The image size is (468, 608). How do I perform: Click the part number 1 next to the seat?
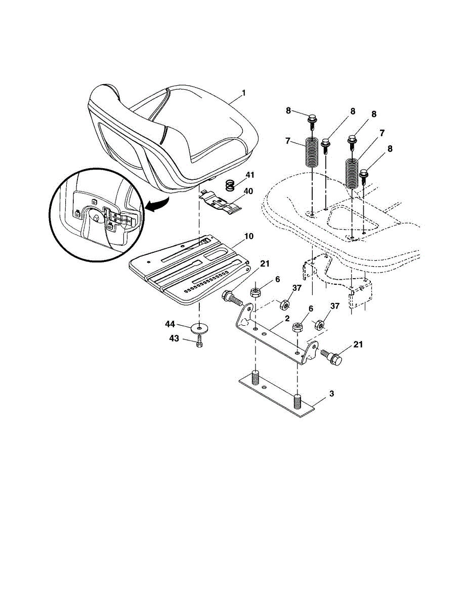tap(244, 93)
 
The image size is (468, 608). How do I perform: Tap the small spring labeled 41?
tap(229, 185)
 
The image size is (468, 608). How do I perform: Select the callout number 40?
tap(248, 192)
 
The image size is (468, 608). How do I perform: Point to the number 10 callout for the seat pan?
tap(248, 236)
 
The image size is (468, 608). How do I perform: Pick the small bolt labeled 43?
tap(199, 342)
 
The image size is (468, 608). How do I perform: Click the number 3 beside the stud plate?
tap(332, 394)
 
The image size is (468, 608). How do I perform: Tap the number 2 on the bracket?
tap(287, 319)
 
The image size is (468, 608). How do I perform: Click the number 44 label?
tap(170, 324)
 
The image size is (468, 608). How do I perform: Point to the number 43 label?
tap(174, 338)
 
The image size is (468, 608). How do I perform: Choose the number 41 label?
tap(250, 175)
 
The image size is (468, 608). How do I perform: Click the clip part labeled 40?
tap(221, 202)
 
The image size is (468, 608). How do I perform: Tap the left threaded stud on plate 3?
tap(255, 377)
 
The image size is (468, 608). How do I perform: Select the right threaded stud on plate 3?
tap(297, 401)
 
